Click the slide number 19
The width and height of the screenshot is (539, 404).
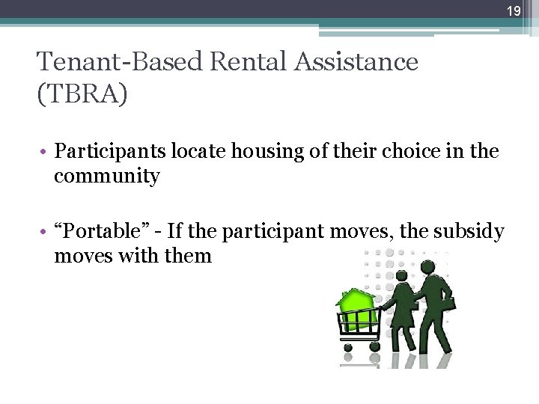[513, 10]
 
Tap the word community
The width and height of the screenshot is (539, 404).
[106, 177]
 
